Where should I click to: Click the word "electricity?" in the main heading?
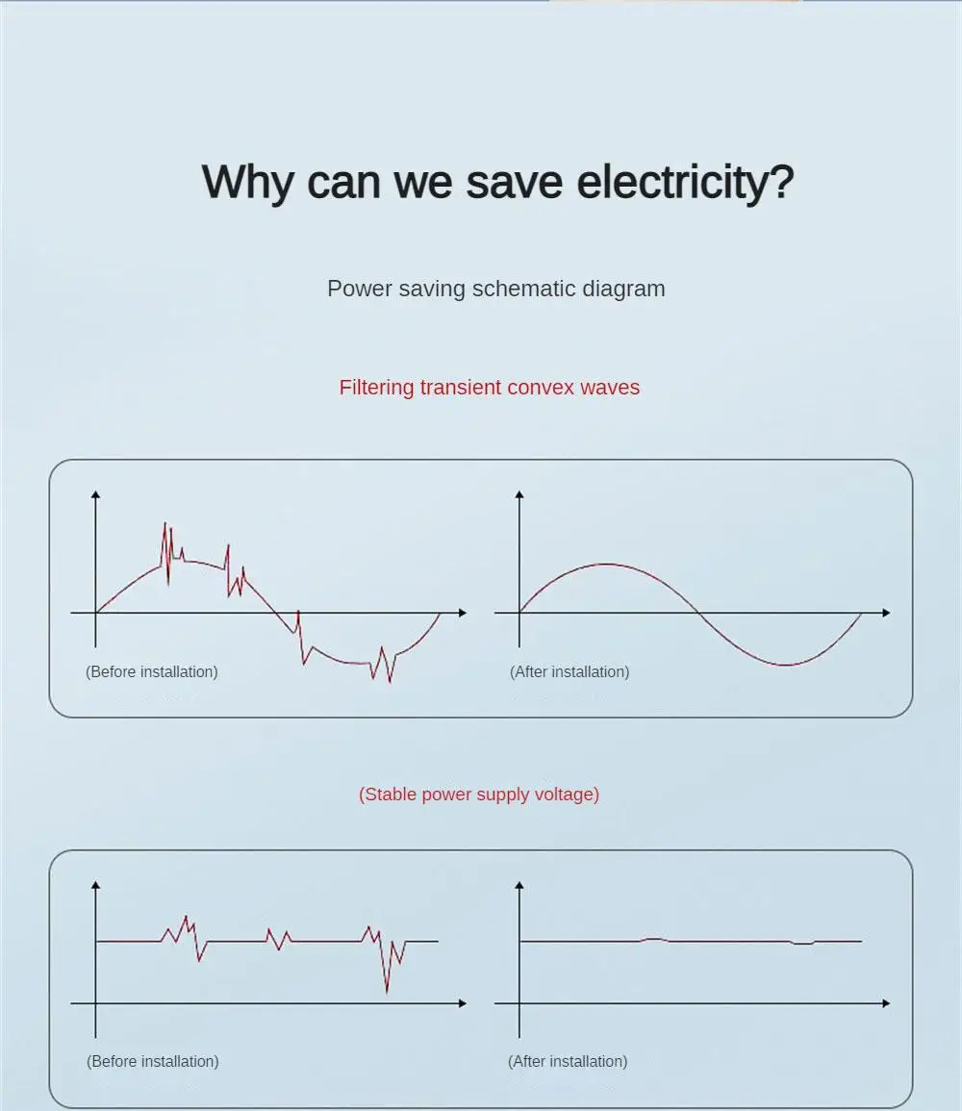(685, 183)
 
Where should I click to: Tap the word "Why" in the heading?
(247, 183)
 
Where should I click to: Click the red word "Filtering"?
(376, 388)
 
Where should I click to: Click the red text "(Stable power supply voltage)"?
(479, 795)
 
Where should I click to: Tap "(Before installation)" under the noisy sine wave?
(152, 671)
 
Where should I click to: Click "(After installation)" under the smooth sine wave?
(570, 671)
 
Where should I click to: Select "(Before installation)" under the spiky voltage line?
(153, 1061)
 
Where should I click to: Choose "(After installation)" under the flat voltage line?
(568, 1061)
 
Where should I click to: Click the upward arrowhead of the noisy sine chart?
(95, 494)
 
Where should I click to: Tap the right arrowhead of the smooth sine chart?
(885, 612)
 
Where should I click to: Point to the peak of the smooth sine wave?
(605, 564)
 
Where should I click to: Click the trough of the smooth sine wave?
(787, 665)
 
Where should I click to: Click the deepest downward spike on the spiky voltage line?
(387, 991)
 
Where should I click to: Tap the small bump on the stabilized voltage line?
(653, 939)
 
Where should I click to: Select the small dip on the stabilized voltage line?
(802, 945)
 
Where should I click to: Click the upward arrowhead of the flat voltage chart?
(519, 884)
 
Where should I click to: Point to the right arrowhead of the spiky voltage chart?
(462, 1003)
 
